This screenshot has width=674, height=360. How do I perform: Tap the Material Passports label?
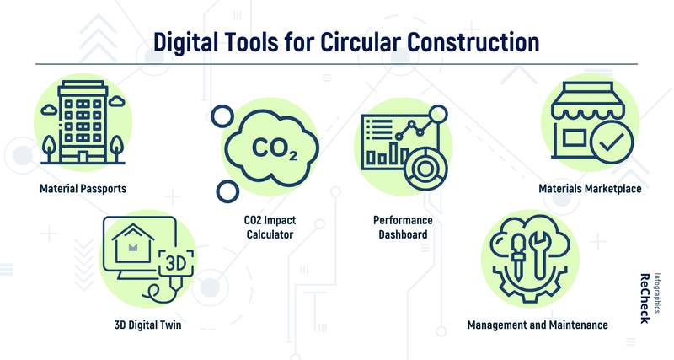[83, 189]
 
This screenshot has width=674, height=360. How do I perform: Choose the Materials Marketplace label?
[590, 189]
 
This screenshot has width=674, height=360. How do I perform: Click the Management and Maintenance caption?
[538, 325]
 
